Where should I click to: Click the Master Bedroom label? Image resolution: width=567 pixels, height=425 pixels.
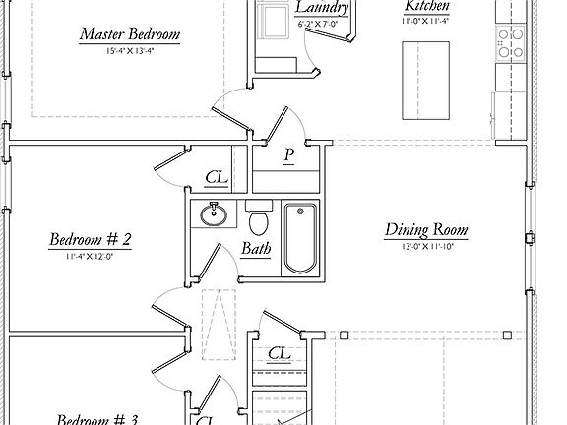130,35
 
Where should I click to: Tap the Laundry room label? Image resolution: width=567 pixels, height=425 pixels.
322,8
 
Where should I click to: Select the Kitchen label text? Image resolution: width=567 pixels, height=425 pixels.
427,5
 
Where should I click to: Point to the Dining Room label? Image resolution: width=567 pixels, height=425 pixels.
425,231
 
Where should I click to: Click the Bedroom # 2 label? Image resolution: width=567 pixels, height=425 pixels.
91,239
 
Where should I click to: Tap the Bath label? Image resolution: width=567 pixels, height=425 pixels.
256,249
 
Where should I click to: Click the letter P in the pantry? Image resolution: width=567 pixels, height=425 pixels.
289,155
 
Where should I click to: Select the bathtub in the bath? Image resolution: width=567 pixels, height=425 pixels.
299,237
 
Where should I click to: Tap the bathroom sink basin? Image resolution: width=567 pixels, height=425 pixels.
213,213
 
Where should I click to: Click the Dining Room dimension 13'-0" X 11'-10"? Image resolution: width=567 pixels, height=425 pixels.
425,247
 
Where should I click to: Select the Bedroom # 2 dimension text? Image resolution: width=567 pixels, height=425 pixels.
91,256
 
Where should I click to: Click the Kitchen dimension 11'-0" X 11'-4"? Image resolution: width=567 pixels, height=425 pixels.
427,20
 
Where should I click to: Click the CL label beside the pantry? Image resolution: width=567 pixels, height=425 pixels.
217,178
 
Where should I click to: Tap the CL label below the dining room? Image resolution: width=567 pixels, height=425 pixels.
279,353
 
